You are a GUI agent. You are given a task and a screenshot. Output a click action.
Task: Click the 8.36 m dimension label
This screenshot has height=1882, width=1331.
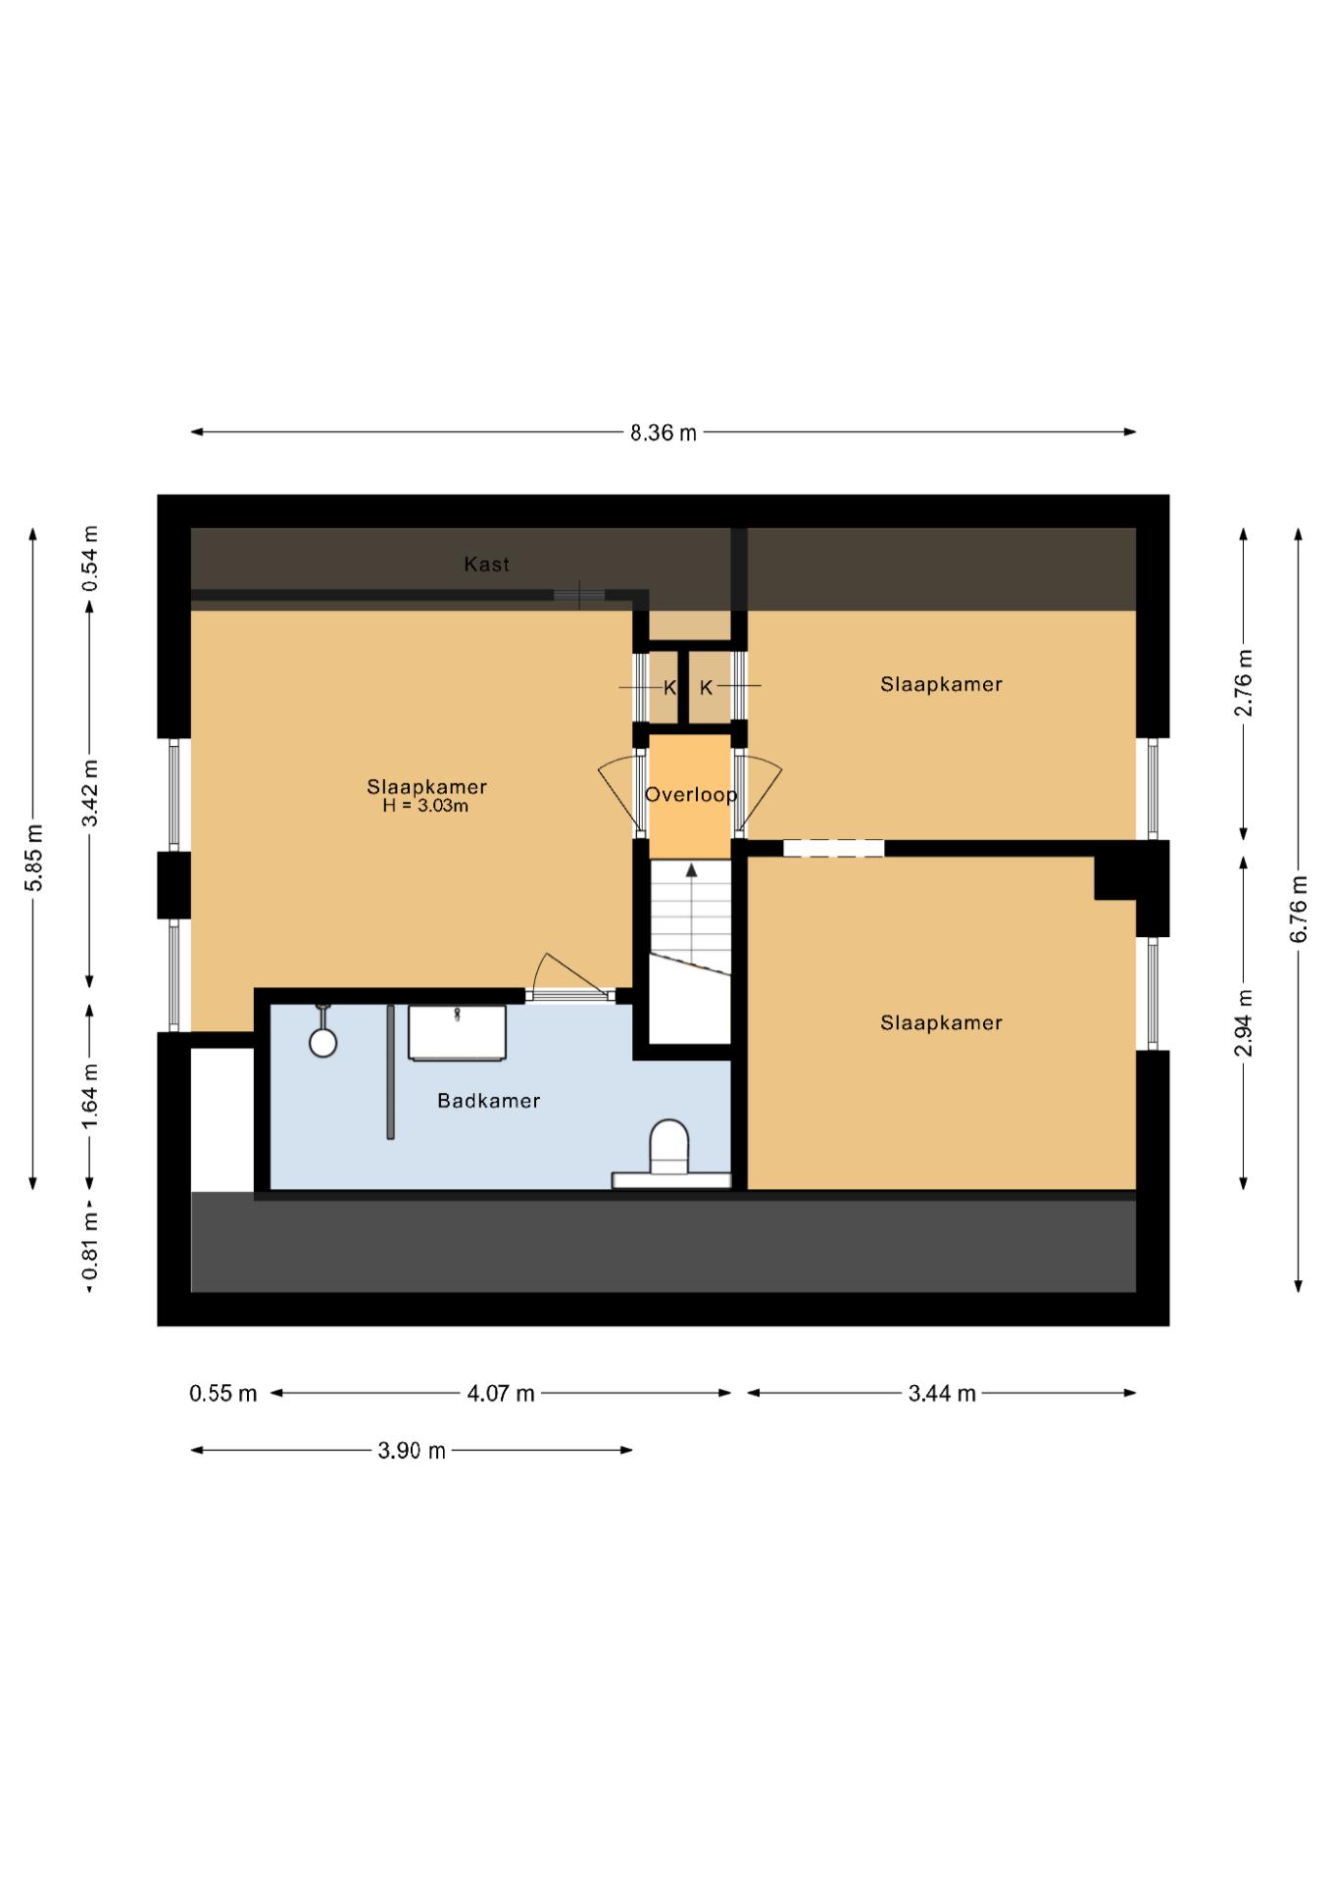point(664,432)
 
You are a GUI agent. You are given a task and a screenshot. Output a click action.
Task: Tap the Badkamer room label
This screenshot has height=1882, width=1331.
point(489,1101)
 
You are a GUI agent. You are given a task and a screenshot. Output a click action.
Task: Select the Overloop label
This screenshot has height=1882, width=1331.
point(691,794)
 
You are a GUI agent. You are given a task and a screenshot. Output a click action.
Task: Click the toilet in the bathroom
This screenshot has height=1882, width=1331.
point(669,1147)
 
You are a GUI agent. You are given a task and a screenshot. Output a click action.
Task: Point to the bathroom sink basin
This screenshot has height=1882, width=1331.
point(457,1032)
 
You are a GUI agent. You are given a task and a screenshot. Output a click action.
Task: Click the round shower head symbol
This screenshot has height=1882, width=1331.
point(323,1043)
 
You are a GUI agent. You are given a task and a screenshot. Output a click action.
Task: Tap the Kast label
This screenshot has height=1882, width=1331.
point(487,564)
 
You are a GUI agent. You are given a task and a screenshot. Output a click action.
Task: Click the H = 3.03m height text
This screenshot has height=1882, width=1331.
point(425,806)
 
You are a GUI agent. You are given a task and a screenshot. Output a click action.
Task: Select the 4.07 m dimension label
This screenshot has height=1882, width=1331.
point(501,1393)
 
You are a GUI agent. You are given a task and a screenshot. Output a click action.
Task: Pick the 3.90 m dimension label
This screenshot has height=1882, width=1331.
point(412,1451)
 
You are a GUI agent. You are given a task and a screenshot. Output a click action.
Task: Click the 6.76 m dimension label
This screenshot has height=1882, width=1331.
point(1299,909)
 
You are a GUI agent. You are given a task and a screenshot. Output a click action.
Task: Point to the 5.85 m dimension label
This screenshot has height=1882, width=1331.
point(33,858)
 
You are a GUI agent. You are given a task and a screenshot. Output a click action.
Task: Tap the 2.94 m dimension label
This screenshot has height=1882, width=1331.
point(1244,1022)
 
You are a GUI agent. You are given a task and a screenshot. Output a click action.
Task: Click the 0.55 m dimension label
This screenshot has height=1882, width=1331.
point(223,1393)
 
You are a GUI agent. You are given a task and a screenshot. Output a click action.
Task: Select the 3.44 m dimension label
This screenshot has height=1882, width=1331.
point(942,1393)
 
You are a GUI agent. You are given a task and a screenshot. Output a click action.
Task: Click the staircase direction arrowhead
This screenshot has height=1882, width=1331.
point(691,869)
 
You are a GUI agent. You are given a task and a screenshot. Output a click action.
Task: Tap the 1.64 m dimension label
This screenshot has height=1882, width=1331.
point(89,1095)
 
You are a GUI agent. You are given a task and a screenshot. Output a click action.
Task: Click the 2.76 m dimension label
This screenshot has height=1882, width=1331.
point(1244,682)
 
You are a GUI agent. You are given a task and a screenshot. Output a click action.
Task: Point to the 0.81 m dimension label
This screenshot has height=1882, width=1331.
point(89,1246)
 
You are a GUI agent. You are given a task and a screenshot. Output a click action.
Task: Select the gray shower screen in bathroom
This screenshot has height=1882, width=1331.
point(390,1071)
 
